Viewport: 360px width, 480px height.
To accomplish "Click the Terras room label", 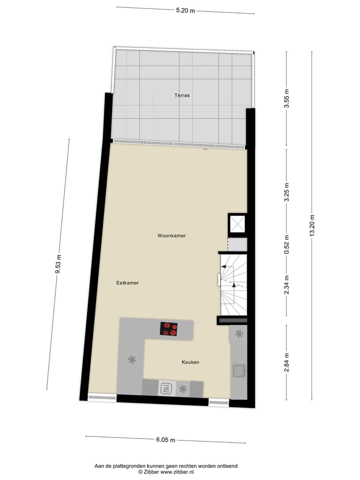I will click(x=181, y=95).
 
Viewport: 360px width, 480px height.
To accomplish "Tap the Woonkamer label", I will click(x=171, y=235).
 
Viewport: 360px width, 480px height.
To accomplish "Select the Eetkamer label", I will click(x=127, y=283).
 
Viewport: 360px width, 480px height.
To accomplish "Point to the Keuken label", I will click(x=190, y=362).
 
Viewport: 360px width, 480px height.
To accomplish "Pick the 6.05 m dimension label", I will click(x=165, y=440).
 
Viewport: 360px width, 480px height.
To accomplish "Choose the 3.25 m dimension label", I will click(x=286, y=191).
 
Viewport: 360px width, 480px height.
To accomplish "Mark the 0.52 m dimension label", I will click(x=286, y=244).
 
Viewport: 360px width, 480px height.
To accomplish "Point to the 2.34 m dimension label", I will click(x=286, y=284).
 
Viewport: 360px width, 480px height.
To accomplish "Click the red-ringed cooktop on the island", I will click(x=169, y=329).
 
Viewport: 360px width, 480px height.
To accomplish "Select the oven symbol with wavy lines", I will click(x=166, y=388).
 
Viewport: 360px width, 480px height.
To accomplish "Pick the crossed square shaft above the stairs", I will click(x=237, y=223).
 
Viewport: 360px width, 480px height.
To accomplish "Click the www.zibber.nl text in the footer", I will click(x=187, y=471).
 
